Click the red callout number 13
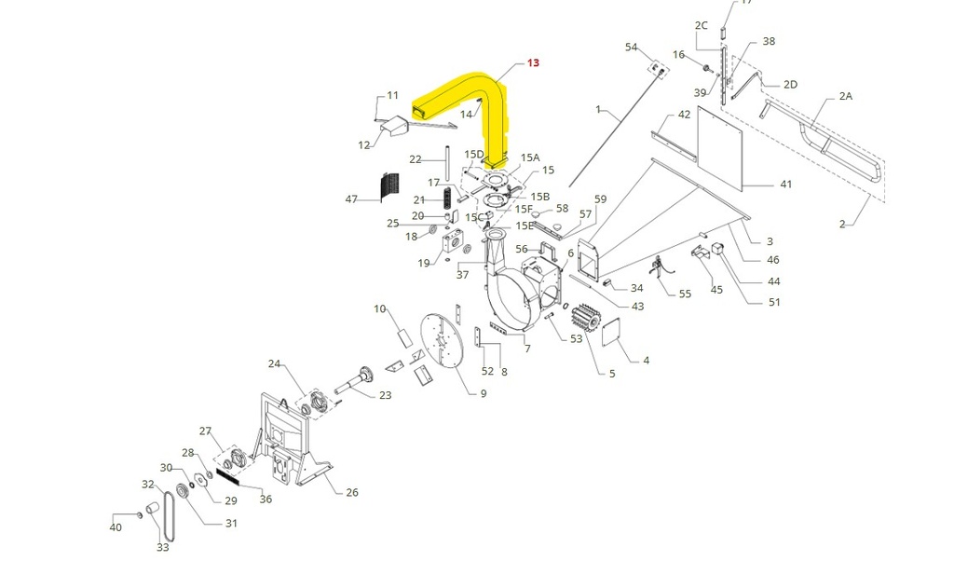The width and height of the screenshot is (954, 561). (533, 62)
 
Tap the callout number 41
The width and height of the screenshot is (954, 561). (785, 185)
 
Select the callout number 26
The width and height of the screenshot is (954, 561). (352, 493)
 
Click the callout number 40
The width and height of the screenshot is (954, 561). (116, 527)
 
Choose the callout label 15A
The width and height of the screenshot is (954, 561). (530, 158)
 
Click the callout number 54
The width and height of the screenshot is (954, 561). (631, 48)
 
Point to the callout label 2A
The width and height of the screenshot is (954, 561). (846, 96)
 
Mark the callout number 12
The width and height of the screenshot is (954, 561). (364, 144)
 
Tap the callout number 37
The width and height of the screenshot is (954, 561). (462, 274)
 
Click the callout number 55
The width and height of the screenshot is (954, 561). (685, 294)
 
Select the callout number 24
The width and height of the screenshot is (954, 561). (274, 363)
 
